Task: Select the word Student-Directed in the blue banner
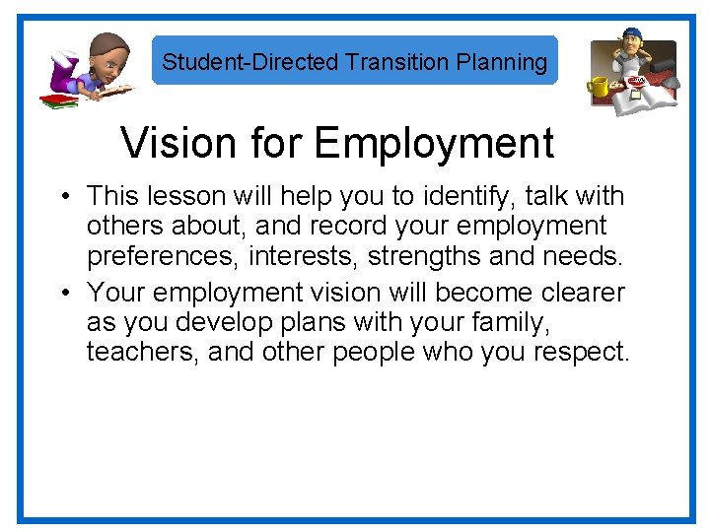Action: point(250,62)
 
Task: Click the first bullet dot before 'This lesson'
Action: point(62,197)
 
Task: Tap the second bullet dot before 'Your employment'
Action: point(62,294)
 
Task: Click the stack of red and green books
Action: point(58,99)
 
